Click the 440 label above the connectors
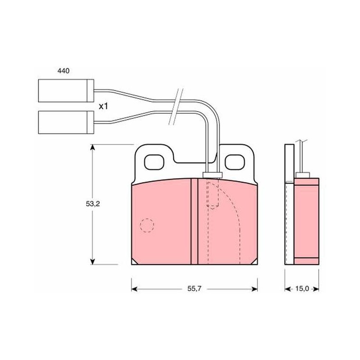(63, 71)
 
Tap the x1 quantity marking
(103, 106)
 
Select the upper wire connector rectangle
(66, 90)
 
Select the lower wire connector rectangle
(66, 122)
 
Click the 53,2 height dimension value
(93, 204)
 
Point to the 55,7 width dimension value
(194, 288)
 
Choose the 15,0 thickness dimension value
(302, 288)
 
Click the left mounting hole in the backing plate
(154, 162)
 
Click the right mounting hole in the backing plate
(234, 162)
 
